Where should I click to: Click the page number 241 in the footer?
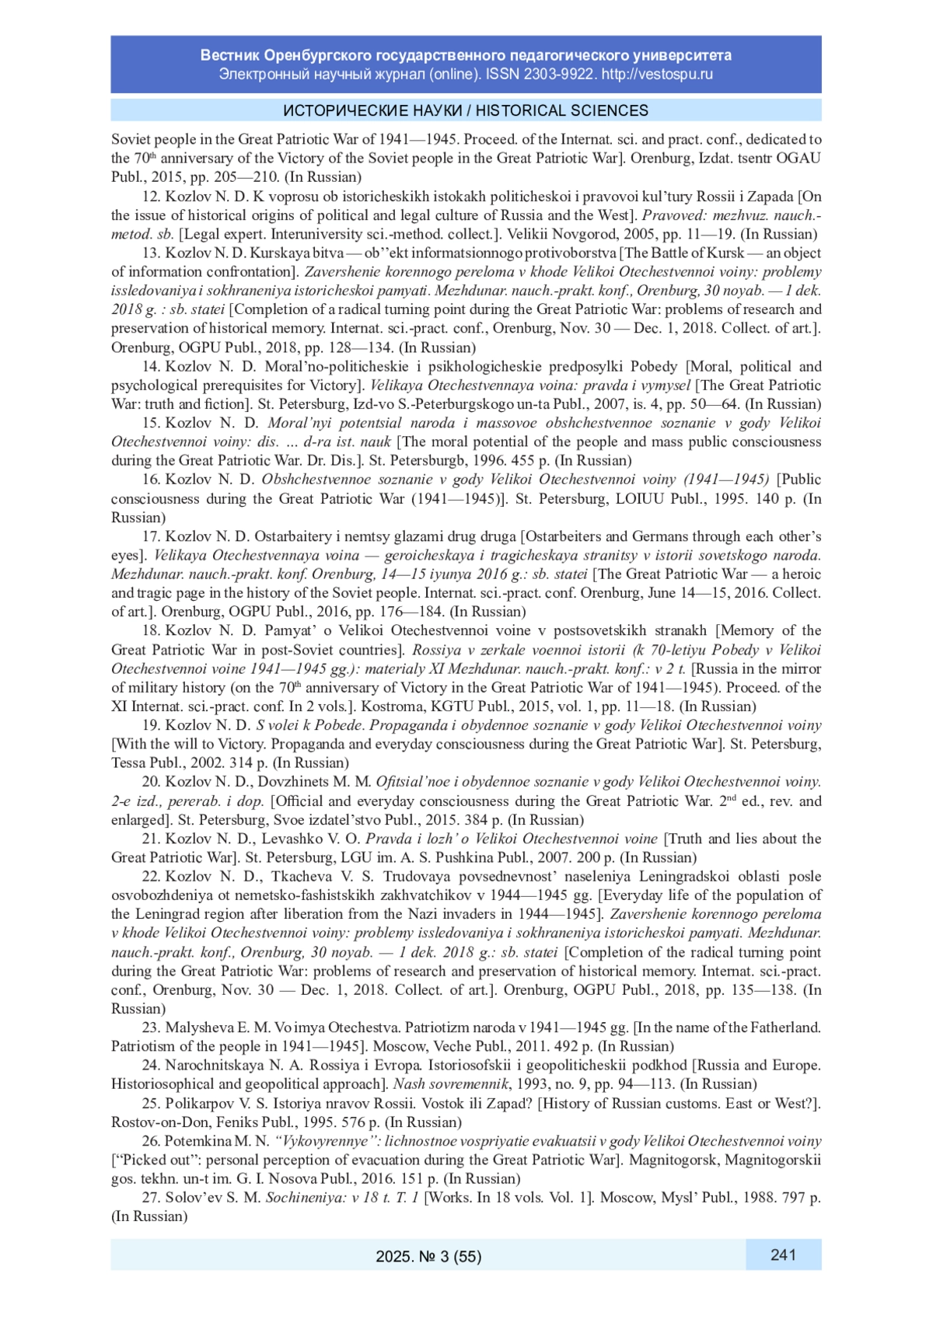coord(783,1254)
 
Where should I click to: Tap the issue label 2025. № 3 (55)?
coord(428,1256)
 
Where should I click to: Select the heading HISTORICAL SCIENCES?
coord(562,110)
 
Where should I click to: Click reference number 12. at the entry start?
coord(151,197)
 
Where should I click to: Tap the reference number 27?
coord(151,1198)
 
